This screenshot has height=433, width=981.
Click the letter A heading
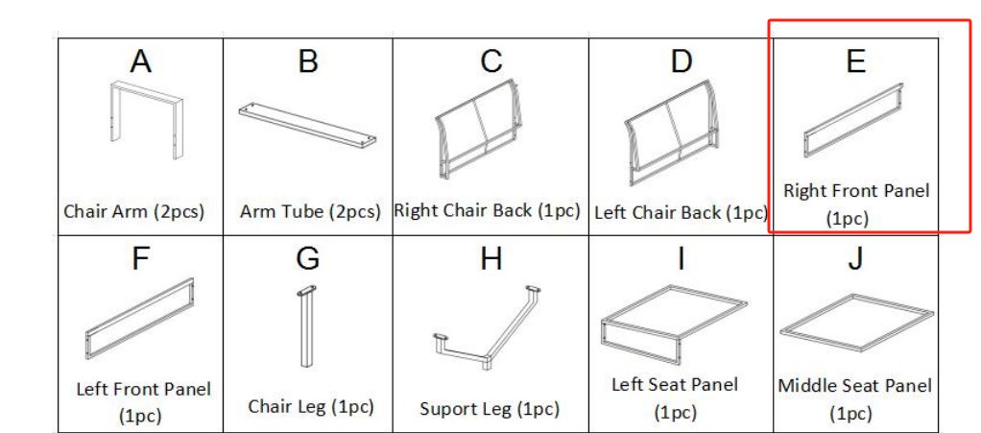pyautogui.click(x=141, y=61)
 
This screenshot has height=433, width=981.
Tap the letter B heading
pyautogui.click(x=308, y=61)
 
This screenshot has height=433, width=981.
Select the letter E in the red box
pyautogui.click(x=855, y=61)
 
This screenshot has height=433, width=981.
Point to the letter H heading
pyautogui.click(x=491, y=258)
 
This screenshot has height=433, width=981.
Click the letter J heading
pyautogui.click(x=855, y=258)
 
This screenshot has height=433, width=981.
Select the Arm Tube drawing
pyautogui.click(x=307, y=126)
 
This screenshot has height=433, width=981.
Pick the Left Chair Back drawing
pyautogui.click(x=667, y=132)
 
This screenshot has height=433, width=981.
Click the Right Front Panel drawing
pyautogui.click(x=853, y=120)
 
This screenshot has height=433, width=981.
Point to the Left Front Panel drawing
pyautogui.click(x=139, y=319)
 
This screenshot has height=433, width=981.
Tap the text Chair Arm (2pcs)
pyautogui.click(x=133, y=211)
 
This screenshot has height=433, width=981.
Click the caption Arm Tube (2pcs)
pyautogui.click(x=310, y=211)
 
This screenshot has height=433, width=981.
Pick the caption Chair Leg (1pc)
pyautogui.click(x=311, y=407)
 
